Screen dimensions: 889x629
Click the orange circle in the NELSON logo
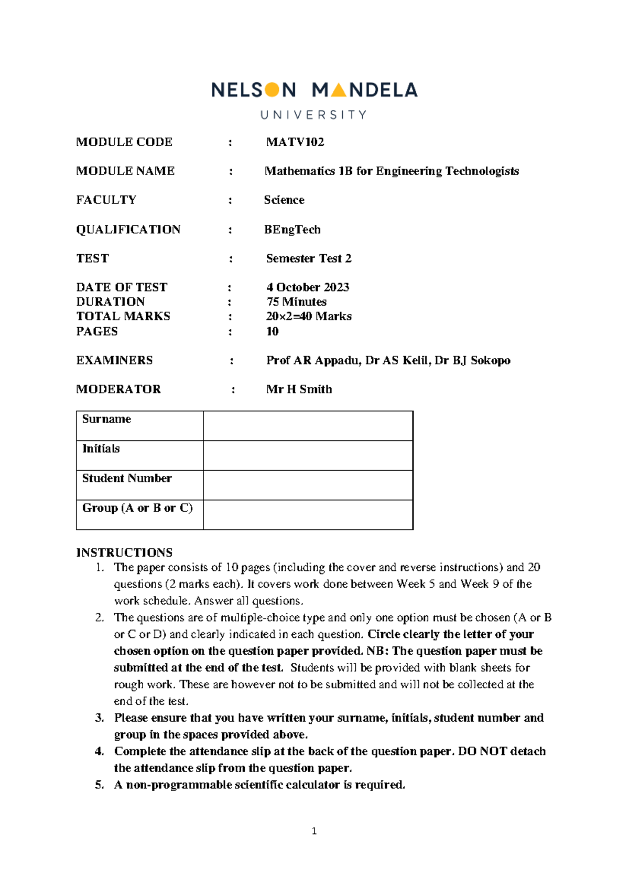[x=272, y=90]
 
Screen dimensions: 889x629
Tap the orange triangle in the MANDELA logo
[x=339, y=91]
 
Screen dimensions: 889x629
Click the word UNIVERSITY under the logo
[x=313, y=115]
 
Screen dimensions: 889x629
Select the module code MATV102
[x=295, y=142]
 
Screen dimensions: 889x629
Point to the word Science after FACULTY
[x=284, y=200]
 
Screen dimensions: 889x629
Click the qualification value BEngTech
[x=292, y=230]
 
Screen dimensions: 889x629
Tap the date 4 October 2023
[x=308, y=287]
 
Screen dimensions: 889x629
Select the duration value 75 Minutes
[x=296, y=302]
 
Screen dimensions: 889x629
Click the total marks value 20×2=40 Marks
[x=309, y=316]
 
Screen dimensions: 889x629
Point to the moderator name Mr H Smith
[x=299, y=389]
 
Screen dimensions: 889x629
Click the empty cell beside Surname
[x=308, y=426]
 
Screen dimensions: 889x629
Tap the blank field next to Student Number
[x=308, y=485]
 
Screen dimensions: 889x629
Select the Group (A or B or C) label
[x=137, y=508]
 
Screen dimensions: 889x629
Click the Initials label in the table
[x=101, y=449]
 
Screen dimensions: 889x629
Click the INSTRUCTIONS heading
[x=124, y=552]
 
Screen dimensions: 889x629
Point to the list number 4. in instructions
[x=100, y=751]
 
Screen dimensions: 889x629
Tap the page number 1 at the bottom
[x=314, y=831]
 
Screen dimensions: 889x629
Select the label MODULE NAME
[x=125, y=171]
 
